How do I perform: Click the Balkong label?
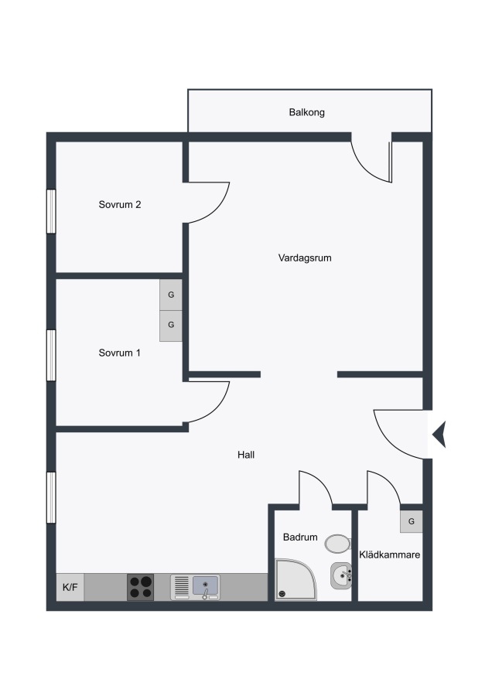coord(306,112)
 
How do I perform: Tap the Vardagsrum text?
coord(305,258)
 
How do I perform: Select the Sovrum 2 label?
coord(119,205)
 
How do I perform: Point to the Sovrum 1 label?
coord(119,353)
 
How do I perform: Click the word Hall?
coord(245,455)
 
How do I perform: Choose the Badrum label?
coord(300,537)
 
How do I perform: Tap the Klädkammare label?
coord(389,554)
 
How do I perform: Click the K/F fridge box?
coord(70,587)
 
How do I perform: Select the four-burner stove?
coord(140,587)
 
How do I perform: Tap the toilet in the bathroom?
coord(337,544)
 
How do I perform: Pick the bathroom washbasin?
coord(341,575)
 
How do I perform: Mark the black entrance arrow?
coord(439,435)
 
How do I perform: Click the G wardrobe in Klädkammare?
coord(412,521)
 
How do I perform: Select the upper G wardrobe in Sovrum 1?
coord(171,295)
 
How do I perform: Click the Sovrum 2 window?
coord(52,211)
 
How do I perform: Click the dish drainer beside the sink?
coord(182,585)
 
